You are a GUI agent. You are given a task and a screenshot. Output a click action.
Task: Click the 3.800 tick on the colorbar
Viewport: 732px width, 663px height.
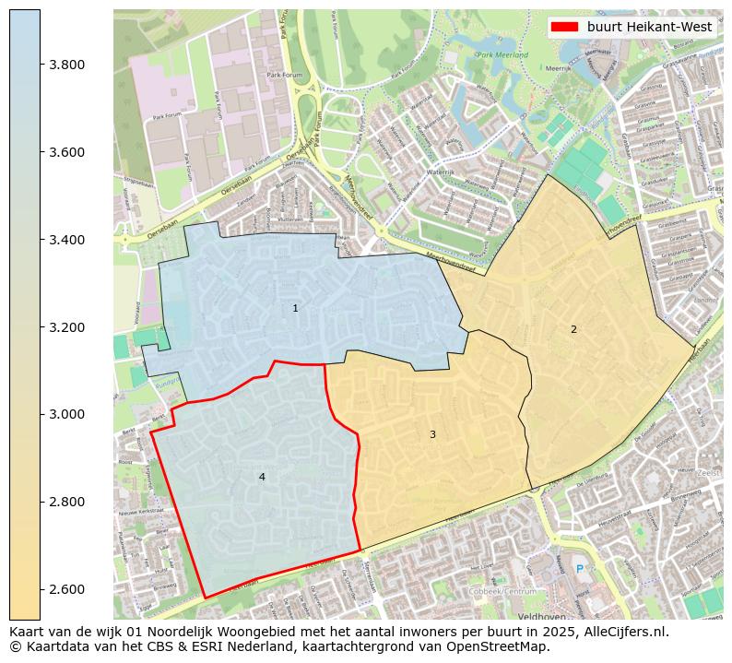pyautogui.click(x=67, y=65)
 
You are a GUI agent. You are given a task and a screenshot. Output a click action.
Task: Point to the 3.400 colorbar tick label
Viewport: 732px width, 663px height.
pyautogui.click(x=67, y=240)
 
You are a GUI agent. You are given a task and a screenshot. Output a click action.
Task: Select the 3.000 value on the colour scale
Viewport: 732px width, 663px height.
pyautogui.click(x=67, y=414)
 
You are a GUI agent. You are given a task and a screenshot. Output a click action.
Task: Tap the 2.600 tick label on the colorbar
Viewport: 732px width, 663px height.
pyautogui.click(x=67, y=589)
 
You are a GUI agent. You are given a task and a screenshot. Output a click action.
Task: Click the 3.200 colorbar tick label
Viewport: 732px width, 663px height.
pyautogui.click(x=67, y=327)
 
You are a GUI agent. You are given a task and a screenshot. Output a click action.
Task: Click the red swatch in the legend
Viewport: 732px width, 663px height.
pyautogui.click(x=564, y=27)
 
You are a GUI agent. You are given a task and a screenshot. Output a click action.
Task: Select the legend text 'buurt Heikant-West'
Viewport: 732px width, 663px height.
pyautogui.click(x=649, y=27)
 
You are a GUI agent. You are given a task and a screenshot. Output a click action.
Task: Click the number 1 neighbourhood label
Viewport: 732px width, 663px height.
pyautogui.click(x=295, y=308)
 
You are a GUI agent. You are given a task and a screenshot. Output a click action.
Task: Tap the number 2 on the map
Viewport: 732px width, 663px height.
pyautogui.click(x=573, y=329)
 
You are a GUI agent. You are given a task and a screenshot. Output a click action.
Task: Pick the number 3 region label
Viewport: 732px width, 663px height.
pyautogui.click(x=432, y=434)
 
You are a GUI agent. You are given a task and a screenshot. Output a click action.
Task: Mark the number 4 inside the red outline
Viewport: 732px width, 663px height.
pyautogui.click(x=262, y=477)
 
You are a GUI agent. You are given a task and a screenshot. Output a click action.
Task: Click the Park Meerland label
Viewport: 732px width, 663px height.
pyautogui.click(x=502, y=55)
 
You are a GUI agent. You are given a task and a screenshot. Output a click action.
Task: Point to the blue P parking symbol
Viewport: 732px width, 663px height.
pyautogui.click(x=579, y=571)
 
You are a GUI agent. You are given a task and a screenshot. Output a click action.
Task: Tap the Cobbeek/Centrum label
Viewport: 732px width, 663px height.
pyautogui.click(x=503, y=591)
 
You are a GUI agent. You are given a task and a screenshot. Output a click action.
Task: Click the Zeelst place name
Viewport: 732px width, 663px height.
pyautogui.click(x=708, y=472)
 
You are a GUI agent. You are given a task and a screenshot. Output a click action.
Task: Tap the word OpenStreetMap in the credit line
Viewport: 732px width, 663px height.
pyautogui.click(x=502, y=646)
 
